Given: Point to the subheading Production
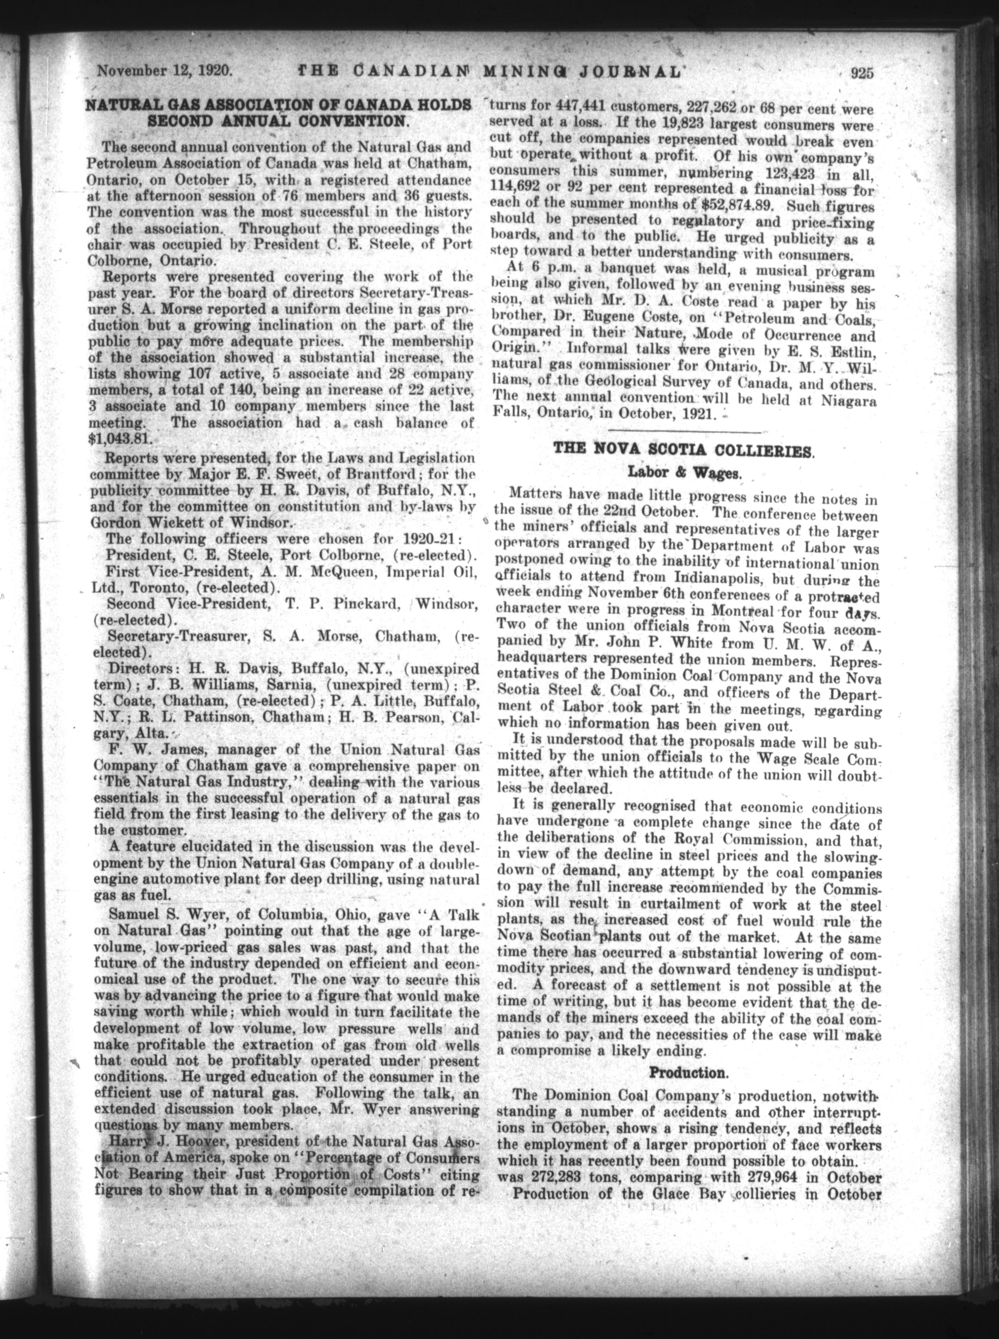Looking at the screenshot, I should [687, 1073].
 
